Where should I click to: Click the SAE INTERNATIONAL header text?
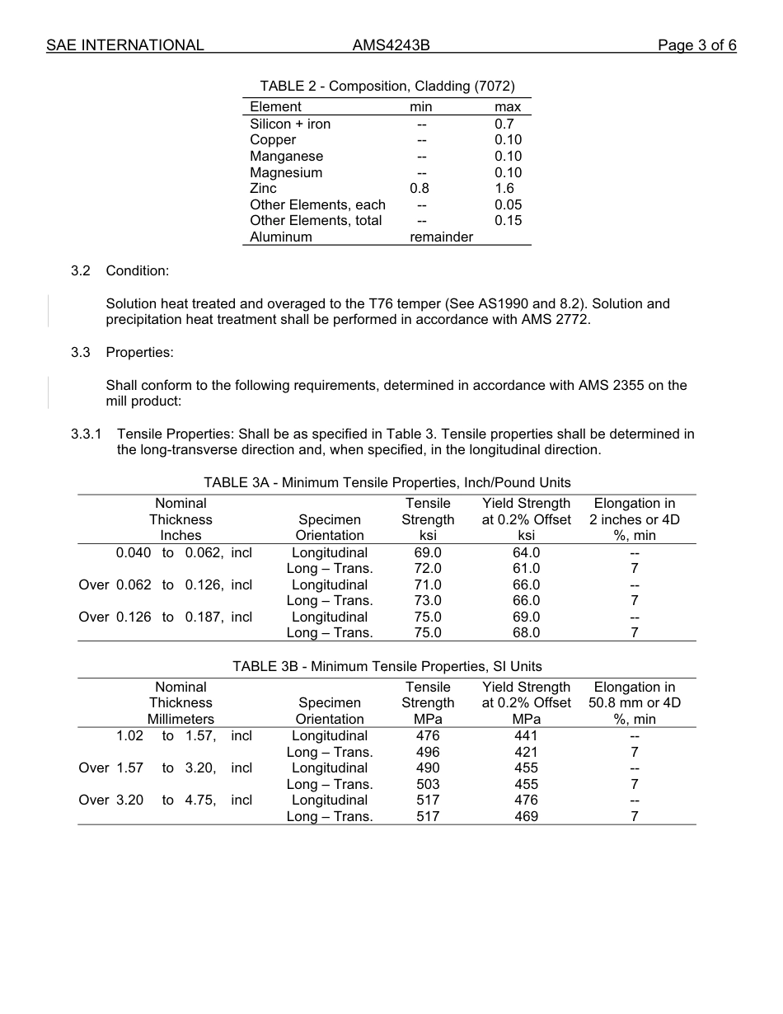(125, 45)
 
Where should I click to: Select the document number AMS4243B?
(391, 45)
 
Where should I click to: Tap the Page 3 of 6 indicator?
(696, 45)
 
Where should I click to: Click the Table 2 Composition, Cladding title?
(387, 87)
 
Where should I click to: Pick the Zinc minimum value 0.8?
(420, 189)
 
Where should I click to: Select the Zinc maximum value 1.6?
(504, 189)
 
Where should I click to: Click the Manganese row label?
(286, 157)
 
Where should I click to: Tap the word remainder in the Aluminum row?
(441, 237)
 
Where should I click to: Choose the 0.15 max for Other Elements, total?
(508, 221)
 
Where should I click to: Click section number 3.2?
(80, 271)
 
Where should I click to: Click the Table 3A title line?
(387, 483)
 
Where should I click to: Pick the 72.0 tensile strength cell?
(428, 569)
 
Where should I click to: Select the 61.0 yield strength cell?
(526, 569)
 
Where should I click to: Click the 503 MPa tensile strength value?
(428, 785)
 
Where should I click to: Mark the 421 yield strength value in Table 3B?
(526, 753)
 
